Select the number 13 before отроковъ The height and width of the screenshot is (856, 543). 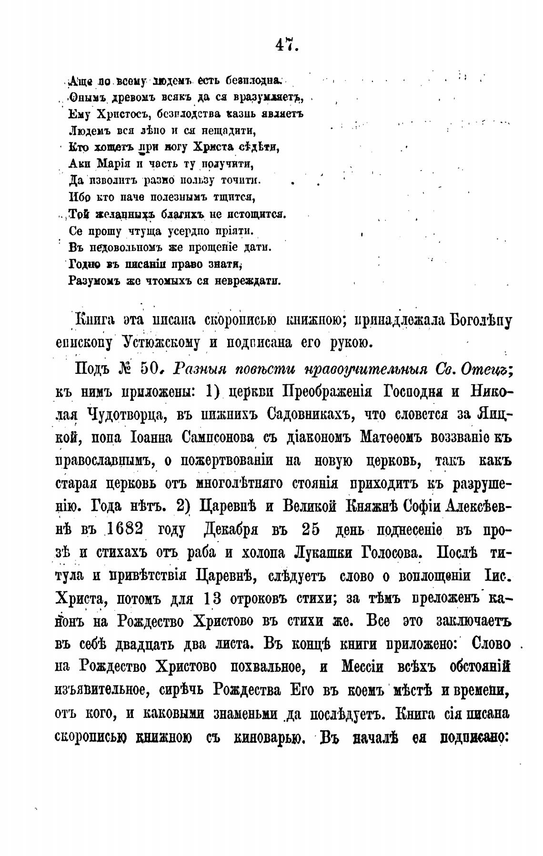click(211, 599)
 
